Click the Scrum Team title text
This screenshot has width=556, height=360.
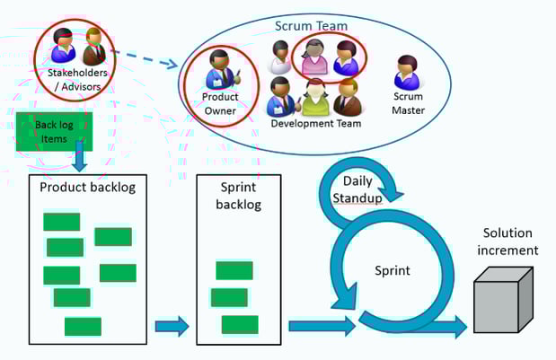point(311,27)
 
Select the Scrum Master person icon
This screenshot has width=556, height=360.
point(407,73)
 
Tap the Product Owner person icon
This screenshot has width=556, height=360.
point(220,69)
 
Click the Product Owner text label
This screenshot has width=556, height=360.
point(219,103)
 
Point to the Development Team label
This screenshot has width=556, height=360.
point(315,123)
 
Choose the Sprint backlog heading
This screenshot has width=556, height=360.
point(238,195)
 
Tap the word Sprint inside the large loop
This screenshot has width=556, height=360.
point(392,269)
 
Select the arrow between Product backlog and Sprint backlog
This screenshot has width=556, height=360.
point(172,327)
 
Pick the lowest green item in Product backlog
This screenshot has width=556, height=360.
point(83,326)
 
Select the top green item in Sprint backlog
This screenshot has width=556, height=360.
point(234,270)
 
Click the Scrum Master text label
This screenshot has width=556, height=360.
point(408,104)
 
